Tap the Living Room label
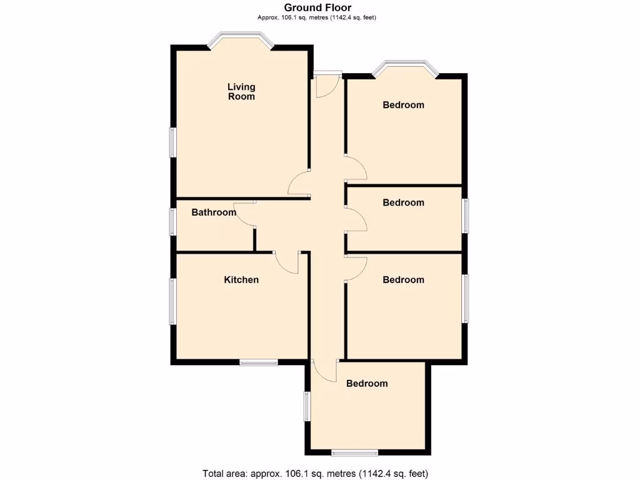point(241,92)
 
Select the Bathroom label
point(214,212)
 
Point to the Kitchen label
point(241,279)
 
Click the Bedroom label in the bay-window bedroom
point(403,105)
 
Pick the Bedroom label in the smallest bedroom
point(403,202)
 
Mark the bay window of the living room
point(241,39)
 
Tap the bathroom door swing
point(244,214)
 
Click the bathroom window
point(174,221)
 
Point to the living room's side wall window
point(174,142)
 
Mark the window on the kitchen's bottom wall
point(259,362)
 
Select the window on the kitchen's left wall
point(174,301)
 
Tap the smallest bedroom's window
point(465,216)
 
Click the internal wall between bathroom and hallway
point(254,239)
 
